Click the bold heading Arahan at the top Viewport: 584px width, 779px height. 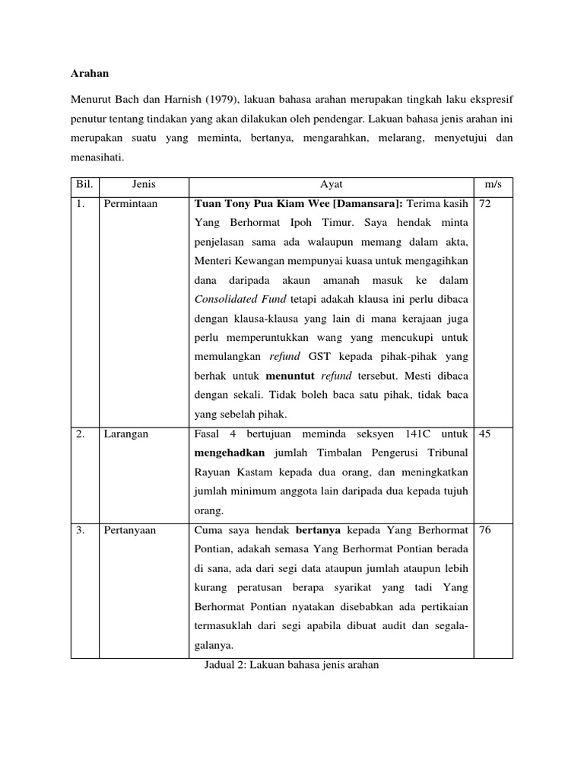click(90, 74)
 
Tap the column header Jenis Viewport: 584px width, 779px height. click(144, 186)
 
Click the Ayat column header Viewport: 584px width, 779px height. click(331, 186)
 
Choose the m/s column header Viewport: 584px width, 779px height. click(494, 186)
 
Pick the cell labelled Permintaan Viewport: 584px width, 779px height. click(131, 204)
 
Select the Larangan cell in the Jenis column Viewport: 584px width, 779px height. click(126, 434)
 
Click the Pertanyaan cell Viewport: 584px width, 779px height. click(130, 530)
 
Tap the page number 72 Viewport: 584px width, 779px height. click(485, 204)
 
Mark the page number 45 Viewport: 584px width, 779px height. click(485, 434)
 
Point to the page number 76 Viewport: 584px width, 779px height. click(485, 530)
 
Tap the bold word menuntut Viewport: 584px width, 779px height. click(290, 376)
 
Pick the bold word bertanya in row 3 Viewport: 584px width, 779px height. click(320, 530)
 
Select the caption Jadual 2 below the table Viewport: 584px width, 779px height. click(292, 664)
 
